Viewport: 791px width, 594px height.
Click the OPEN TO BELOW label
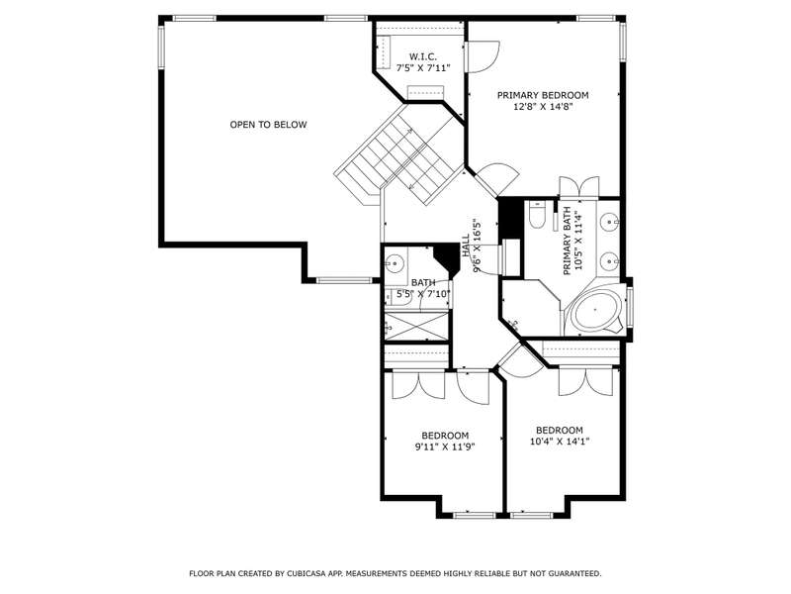pos(268,125)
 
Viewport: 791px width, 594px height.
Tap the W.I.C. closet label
pos(423,56)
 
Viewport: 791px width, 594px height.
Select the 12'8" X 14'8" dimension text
pos(543,107)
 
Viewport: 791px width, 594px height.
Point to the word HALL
pos(465,245)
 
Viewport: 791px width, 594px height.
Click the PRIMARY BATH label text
pos(567,241)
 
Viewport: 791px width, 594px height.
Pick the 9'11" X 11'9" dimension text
pos(445,446)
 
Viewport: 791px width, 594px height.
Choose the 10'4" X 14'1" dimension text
pos(560,442)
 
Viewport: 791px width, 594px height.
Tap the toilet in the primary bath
pos(536,214)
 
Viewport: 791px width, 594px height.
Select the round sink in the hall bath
pos(395,262)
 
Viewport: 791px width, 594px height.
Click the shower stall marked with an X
pos(416,326)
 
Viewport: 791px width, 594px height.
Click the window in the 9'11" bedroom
pos(475,515)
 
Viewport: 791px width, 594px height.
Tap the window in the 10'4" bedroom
pos(531,515)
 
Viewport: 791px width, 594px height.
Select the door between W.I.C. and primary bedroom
pos(482,57)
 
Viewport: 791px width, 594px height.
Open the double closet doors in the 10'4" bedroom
pos(585,382)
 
